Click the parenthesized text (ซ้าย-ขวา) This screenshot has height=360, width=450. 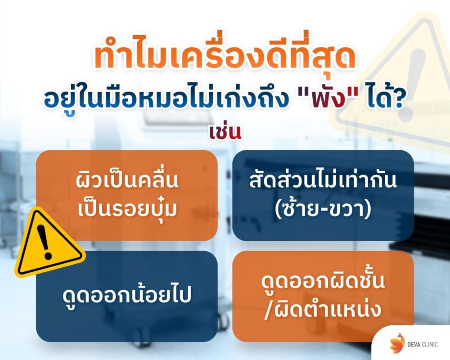(323, 208)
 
